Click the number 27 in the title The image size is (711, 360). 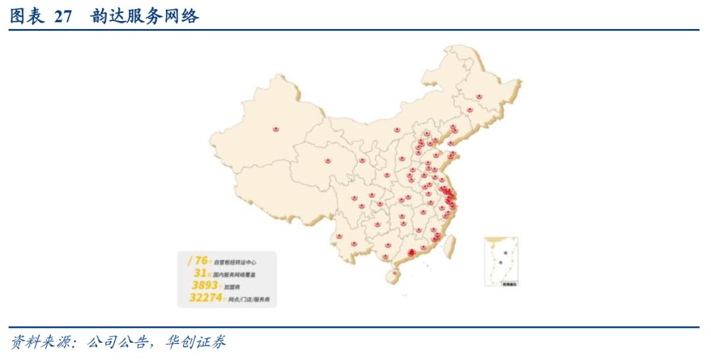[x=63, y=17]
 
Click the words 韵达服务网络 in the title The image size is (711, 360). [x=145, y=17]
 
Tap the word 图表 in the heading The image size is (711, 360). [x=26, y=17]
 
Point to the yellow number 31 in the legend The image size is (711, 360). [x=201, y=272]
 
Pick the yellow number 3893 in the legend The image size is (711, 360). [x=204, y=286]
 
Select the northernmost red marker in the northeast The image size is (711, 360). [x=479, y=97]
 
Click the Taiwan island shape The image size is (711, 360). [x=450, y=245]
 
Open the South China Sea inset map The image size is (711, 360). [x=501, y=262]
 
